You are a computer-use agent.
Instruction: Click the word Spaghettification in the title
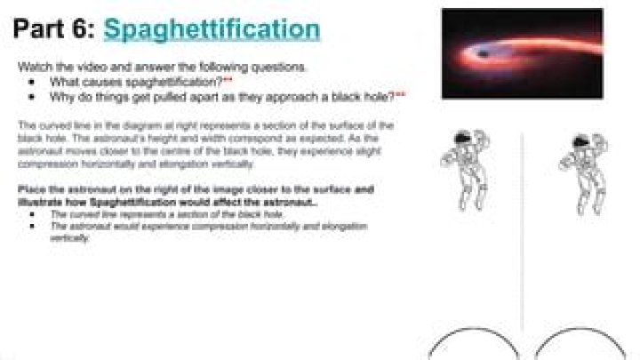coord(211,29)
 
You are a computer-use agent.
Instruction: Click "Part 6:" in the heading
coord(54,29)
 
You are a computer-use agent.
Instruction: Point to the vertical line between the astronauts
coord(522,231)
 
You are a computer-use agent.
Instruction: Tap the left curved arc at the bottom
coord(471,342)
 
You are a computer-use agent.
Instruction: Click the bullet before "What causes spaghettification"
coord(32,82)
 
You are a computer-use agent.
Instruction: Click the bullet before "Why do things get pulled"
coord(32,95)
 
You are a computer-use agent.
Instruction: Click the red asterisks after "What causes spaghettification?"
coord(228,80)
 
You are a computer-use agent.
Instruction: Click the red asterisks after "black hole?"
coord(400,93)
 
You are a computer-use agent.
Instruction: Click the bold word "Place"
coord(33,190)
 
